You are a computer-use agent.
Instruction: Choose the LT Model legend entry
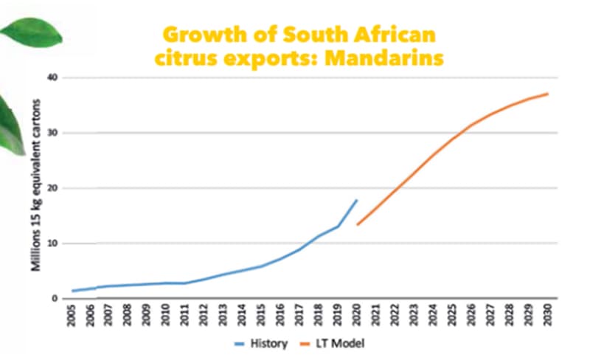(340, 343)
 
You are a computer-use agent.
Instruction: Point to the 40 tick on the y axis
(53, 77)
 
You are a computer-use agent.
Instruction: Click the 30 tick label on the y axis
(53, 133)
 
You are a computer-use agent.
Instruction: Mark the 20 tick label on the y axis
(53, 188)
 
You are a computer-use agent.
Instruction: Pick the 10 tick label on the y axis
(53, 243)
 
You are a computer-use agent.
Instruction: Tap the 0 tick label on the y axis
(55, 299)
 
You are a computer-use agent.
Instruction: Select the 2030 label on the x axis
(547, 315)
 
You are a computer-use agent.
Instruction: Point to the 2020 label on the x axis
(358, 315)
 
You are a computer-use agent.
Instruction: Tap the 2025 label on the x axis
(453, 315)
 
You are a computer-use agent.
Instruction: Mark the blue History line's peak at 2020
(358, 200)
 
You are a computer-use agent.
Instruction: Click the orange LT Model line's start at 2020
(358, 224)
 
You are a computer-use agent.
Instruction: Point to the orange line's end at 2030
(547, 94)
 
